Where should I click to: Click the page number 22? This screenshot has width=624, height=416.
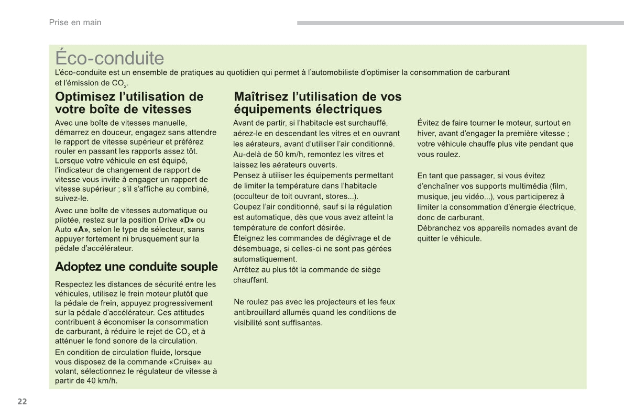[21, 402]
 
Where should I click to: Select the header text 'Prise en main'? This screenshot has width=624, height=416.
[75, 23]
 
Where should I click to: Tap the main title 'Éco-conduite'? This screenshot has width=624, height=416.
[110, 58]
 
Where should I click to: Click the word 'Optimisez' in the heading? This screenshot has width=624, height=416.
[85, 97]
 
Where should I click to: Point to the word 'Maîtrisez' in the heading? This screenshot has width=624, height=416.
[260, 97]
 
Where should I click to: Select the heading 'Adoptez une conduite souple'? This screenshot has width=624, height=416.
[136, 267]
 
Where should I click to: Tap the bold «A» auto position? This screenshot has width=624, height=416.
[81, 229]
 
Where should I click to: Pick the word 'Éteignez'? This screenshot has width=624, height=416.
[249, 238]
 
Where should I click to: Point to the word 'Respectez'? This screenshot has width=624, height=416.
[73, 284]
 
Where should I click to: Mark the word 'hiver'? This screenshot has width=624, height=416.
[426, 134]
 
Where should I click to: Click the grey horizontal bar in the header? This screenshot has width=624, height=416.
[460, 23]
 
